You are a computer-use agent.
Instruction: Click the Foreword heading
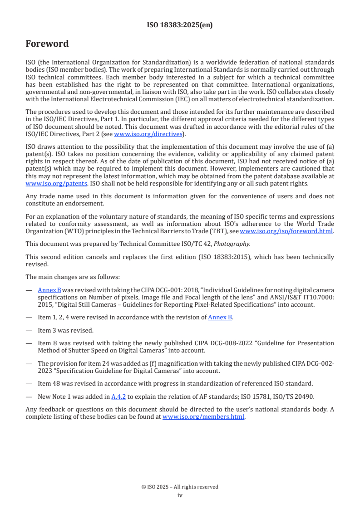(47, 44)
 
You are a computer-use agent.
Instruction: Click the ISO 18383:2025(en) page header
(180, 25)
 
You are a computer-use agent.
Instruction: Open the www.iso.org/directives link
(148, 134)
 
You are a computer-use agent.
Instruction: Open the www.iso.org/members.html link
(203, 417)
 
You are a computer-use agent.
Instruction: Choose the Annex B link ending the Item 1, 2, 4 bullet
(220, 317)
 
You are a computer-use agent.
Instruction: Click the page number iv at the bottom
(180, 495)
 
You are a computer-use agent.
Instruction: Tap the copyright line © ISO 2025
(180, 487)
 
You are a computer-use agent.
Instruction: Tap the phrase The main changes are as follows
(73, 277)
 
